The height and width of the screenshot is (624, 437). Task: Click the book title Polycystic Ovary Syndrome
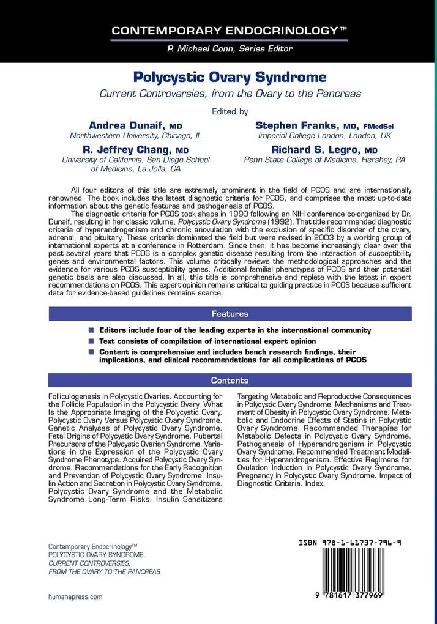(x=230, y=78)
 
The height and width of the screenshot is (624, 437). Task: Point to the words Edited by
(x=230, y=111)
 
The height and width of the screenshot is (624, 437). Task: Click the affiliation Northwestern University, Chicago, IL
(x=136, y=136)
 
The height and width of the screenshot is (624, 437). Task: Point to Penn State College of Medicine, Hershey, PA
(x=325, y=160)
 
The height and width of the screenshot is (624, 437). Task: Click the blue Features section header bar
(x=230, y=314)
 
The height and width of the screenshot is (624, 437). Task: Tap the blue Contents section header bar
(x=230, y=381)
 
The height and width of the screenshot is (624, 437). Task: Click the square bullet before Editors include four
(x=91, y=330)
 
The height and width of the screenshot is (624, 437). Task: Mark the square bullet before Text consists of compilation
(x=91, y=341)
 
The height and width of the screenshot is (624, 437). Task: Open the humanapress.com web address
(x=75, y=596)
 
